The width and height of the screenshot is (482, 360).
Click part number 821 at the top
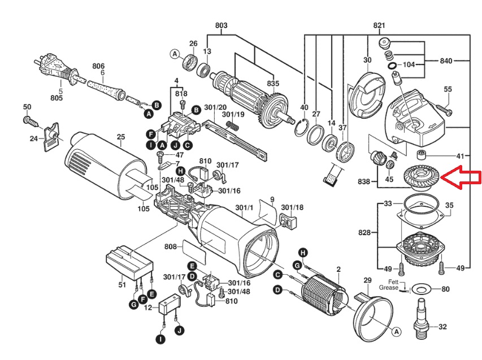point(379,25)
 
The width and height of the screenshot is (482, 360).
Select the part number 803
point(222,25)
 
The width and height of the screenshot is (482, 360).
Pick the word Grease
point(389,288)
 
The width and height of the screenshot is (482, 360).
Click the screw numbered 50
point(31,121)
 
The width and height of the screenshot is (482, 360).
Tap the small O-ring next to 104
point(392,65)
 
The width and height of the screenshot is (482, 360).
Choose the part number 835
point(273,83)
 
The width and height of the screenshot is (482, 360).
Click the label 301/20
point(215,107)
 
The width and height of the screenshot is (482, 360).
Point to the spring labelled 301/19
point(233,125)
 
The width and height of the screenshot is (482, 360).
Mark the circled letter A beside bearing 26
point(175,54)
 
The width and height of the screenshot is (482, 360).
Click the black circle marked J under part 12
point(179,331)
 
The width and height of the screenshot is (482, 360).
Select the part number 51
point(123,285)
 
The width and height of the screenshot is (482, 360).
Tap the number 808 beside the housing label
point(171,246)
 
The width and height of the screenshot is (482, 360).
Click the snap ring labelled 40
point(301,127)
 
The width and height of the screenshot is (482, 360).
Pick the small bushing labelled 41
point(422,155)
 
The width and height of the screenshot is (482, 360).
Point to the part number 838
point(364,181)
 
